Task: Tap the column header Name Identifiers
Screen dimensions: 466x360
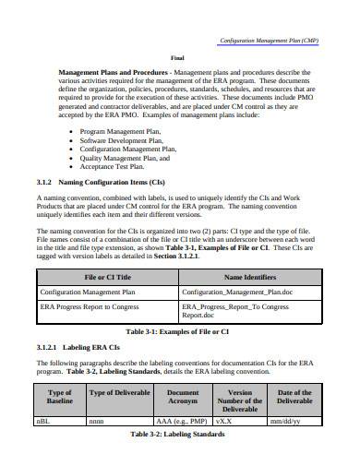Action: (x=250, y=276)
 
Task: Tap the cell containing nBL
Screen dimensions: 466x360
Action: (x=44, y=420)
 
